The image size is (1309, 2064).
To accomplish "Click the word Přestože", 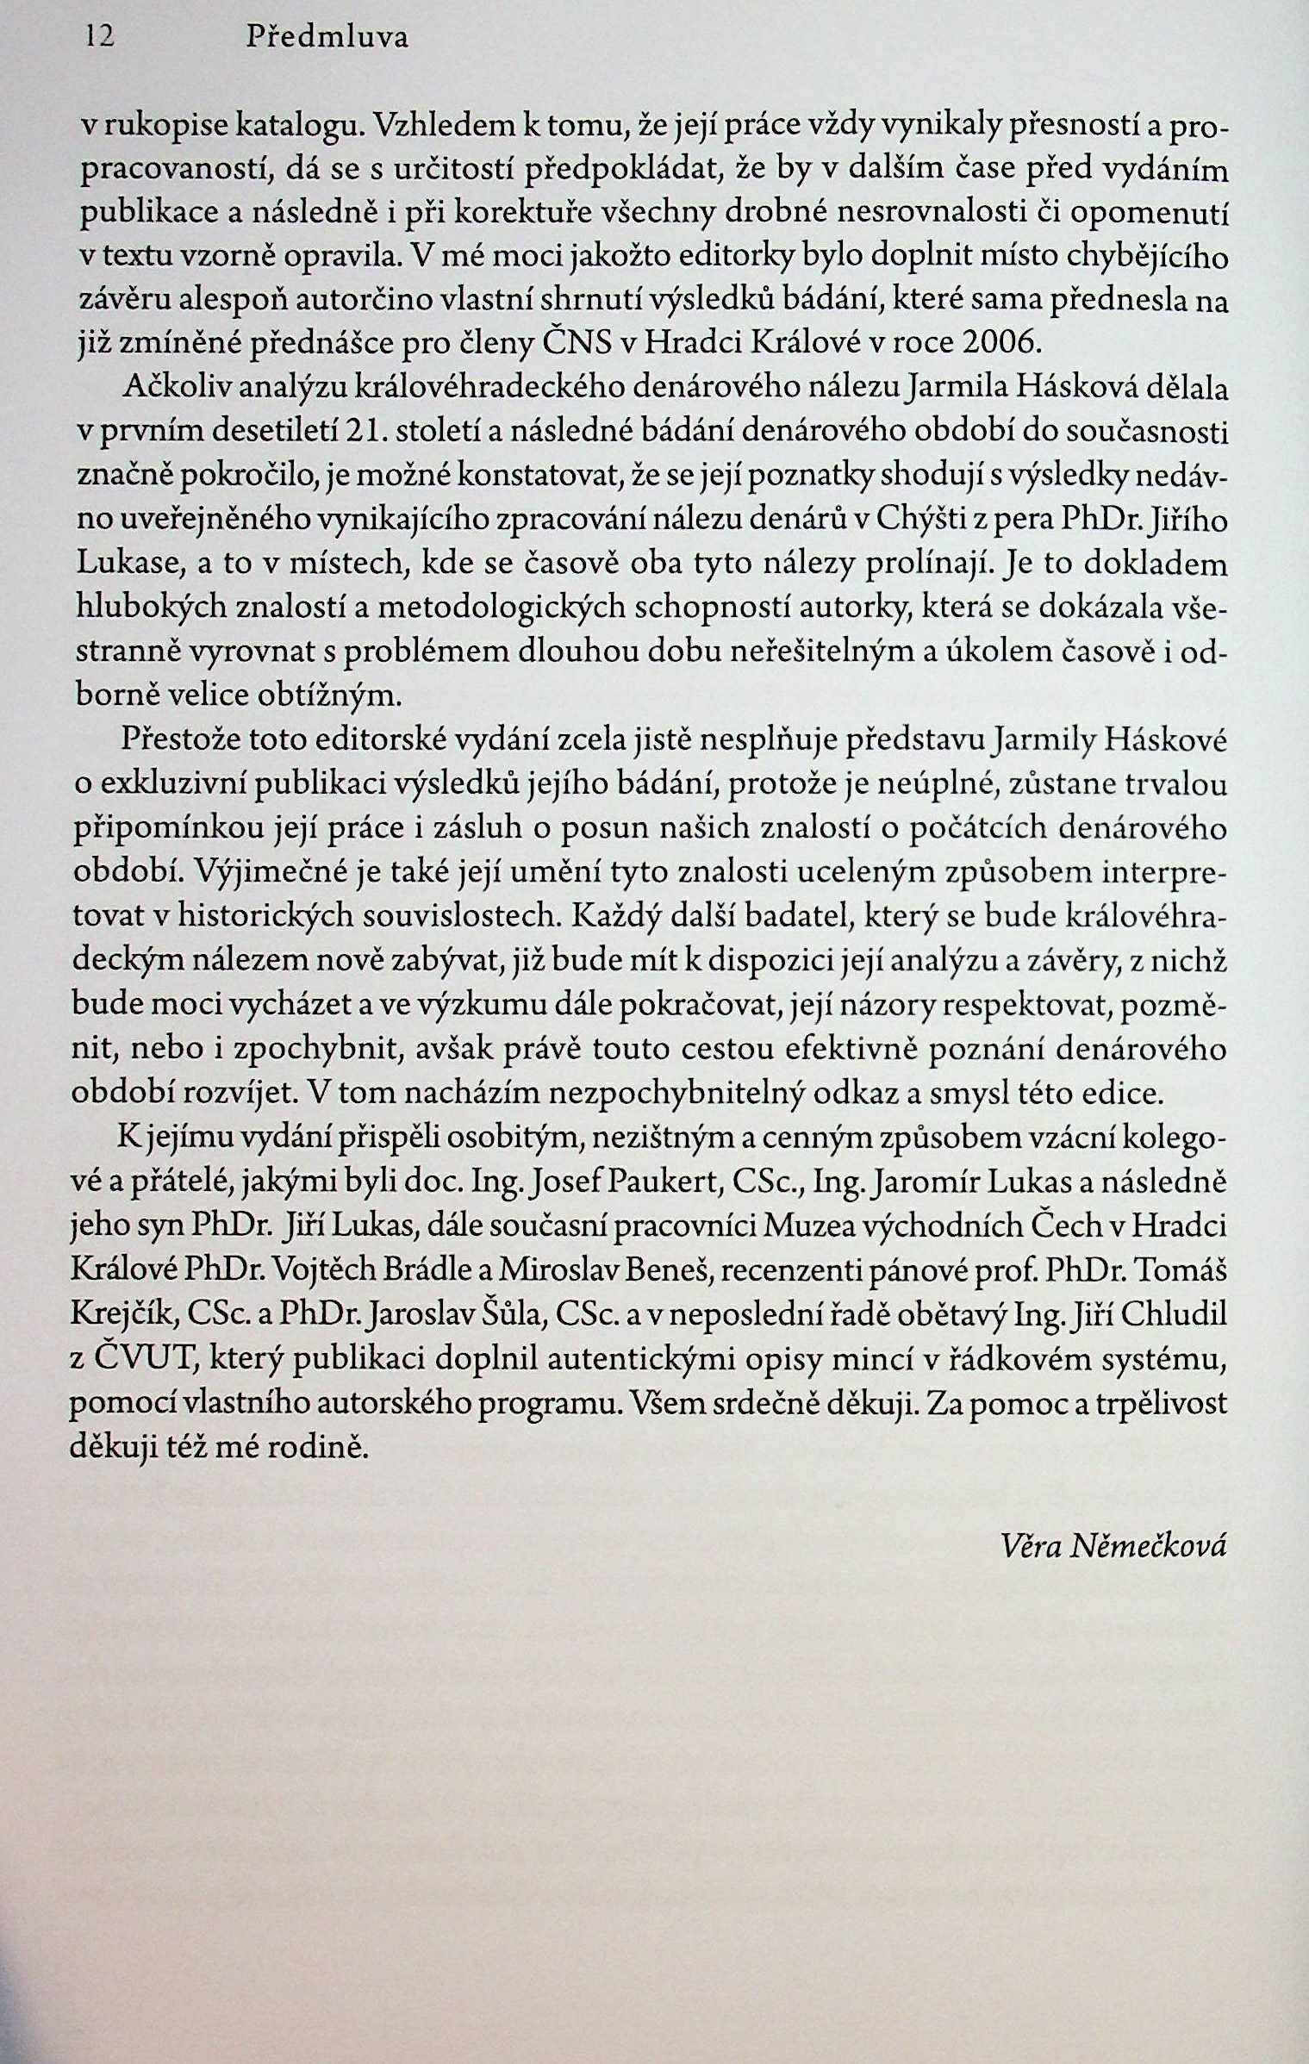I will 179,739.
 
